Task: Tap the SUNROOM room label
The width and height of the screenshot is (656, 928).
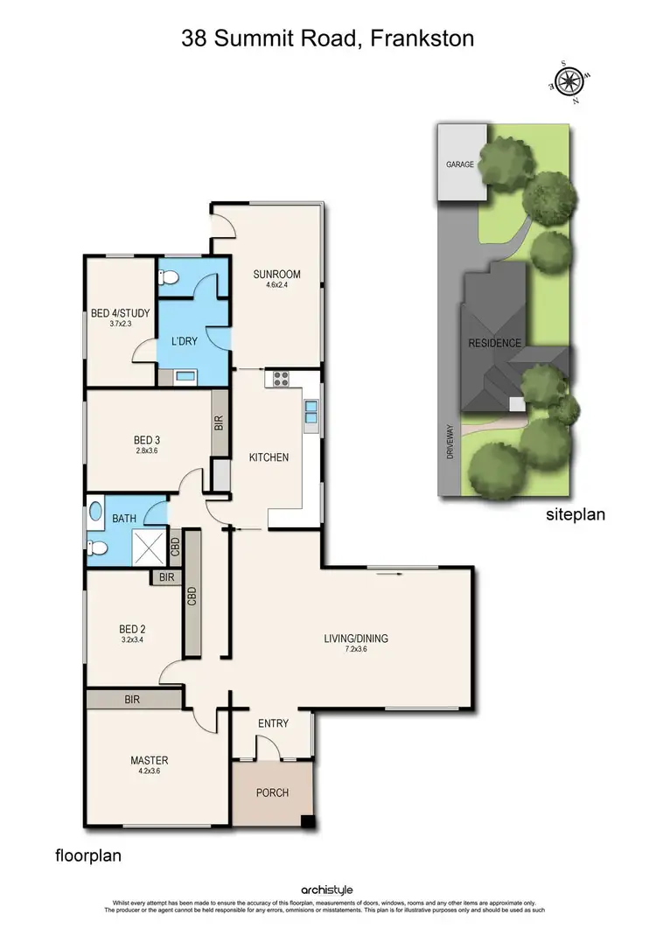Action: pos(271,273)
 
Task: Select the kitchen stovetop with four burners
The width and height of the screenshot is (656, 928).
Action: pos(282,379)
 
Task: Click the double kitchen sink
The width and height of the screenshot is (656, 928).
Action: pos(311,411)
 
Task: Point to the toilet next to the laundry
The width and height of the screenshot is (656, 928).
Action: pos(170,278)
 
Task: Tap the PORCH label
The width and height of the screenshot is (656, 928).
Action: pos(272,793)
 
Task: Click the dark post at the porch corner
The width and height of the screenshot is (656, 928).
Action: pos(307,821)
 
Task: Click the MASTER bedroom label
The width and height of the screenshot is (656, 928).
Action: pos(149,760)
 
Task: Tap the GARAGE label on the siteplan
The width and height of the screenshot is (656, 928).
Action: pos(459,164)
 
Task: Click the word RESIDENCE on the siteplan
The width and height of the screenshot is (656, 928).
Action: pos(495,343)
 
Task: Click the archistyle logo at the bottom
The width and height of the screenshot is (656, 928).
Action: pos(328,890)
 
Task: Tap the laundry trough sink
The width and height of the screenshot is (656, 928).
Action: pos(185,377)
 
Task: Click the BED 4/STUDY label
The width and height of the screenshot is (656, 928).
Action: pos(120,312)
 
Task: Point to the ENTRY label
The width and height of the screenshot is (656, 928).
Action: pos(273,723)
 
